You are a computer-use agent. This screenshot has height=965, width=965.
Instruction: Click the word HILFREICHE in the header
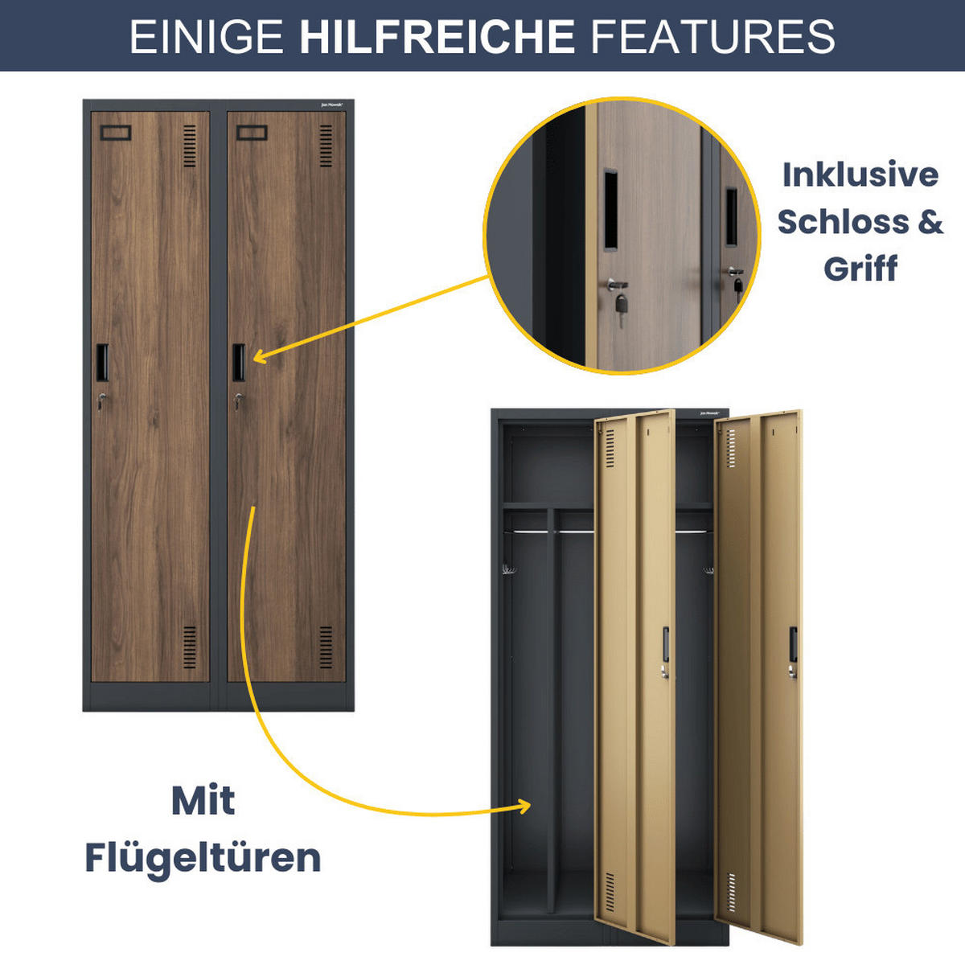click(437, 36)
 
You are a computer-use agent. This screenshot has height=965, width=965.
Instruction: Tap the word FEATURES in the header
click(712, 36)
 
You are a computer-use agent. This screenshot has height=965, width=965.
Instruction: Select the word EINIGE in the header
click(206, 36)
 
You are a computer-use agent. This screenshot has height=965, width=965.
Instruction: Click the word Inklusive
click(860, 175)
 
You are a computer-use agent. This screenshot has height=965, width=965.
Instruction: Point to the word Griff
click(860, 268)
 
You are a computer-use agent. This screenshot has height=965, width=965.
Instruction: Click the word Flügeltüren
click(203, 857)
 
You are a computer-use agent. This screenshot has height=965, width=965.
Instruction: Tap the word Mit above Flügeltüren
click(203, 801)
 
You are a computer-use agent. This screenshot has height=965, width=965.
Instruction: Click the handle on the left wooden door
click(102, 362)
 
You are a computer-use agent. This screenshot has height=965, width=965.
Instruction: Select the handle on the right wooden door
click(239, 362)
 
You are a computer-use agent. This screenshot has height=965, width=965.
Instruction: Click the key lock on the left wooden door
click(101, 399)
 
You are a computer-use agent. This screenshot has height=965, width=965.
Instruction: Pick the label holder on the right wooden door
click(252, 133)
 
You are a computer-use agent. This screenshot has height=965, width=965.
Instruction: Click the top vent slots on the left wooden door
click(190, 146)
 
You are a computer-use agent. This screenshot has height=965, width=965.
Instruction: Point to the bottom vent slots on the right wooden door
click(326, 647)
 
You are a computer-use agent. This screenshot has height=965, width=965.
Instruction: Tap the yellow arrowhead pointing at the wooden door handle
click(261, 355)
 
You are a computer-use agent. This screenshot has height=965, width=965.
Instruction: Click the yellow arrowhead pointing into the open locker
click(524, 805)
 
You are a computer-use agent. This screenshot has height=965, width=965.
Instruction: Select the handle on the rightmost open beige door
click(793, 644)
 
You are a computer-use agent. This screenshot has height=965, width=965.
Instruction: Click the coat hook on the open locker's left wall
click(508, 571)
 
